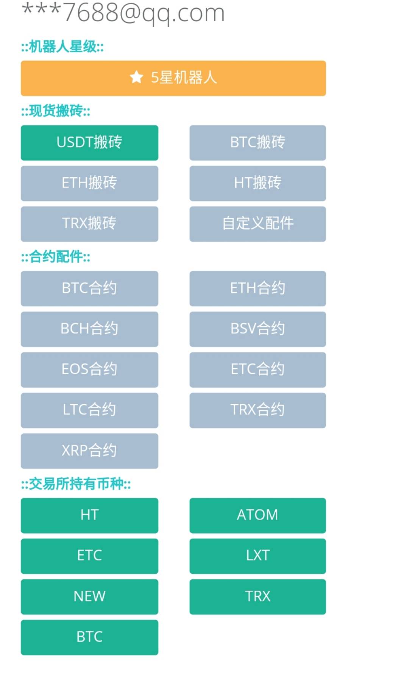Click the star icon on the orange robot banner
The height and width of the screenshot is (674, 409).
pos(136,77)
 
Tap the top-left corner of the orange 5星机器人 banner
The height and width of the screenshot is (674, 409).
pos(21,61)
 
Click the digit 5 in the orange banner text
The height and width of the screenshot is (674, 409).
pos(155,78)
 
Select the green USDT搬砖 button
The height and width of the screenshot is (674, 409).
pos(89,143)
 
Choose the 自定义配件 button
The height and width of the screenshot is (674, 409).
pos(258,224)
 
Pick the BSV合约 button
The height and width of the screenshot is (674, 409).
pos(258,329)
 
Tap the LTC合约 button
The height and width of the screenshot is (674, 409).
pos(89,410)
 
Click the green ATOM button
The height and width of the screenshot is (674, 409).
pos(258,515)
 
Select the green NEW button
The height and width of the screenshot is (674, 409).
pos(89,597)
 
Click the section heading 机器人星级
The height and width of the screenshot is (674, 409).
pos(62,47)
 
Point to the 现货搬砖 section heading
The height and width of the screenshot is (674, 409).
pos(56,111)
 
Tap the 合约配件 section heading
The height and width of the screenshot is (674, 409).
pos(56,257)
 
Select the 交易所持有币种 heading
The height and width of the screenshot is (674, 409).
pos(76,484)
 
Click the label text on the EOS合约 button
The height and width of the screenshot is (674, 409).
pos(89,369)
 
